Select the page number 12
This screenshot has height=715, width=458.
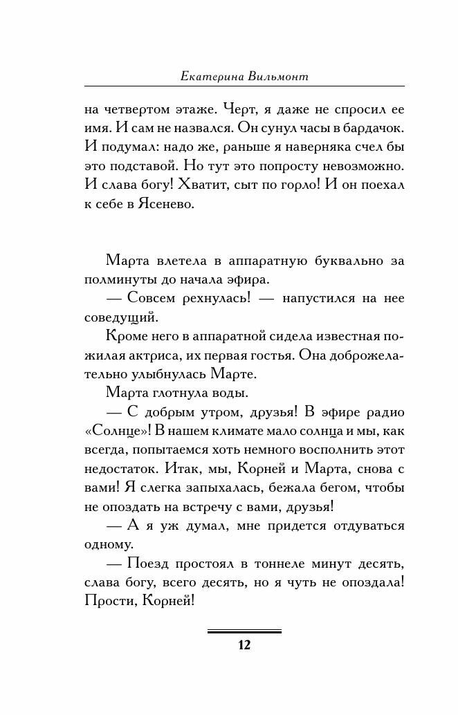point(244,645)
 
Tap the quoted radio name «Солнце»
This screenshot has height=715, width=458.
point(115,430)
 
